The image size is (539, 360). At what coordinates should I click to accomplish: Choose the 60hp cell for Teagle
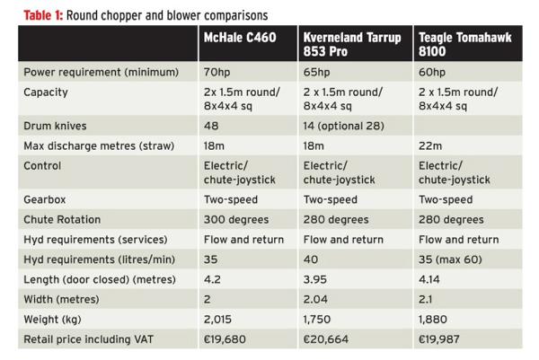436,71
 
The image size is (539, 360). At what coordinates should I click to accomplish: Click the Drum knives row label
59,127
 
